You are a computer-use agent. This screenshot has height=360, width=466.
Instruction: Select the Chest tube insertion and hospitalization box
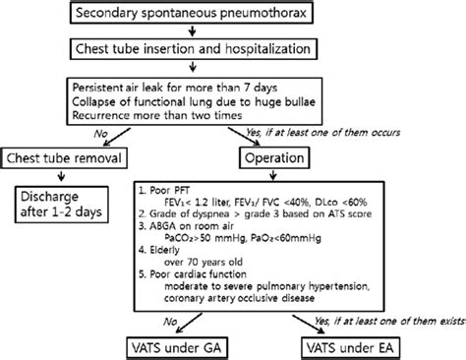[x=233, y=48]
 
